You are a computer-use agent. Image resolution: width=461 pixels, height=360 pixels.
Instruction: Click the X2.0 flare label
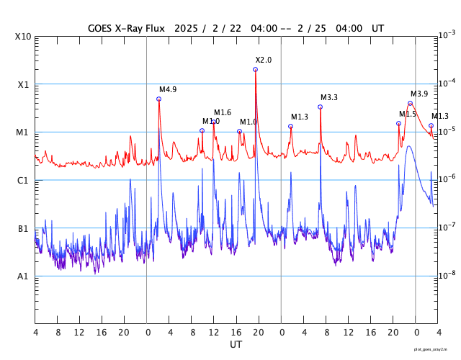[x=264, y=60]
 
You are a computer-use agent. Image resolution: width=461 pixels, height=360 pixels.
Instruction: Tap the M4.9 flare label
[x=168, y=89]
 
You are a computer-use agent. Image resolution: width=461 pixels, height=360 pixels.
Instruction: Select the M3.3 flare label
[x=329, y=97]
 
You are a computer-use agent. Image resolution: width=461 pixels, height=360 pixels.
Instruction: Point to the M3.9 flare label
[x=419, y=94]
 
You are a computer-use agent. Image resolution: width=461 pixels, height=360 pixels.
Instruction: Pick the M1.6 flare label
[x=223, y=112]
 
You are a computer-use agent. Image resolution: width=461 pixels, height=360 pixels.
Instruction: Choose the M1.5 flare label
[x=408, y=114]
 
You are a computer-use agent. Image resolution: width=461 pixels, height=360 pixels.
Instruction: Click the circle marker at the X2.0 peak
[x=256, y=69]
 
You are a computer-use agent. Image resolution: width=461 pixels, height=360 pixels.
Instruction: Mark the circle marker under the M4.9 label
[x=159, y=99]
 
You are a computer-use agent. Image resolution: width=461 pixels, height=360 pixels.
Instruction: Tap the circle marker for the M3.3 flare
[x=321, y=107]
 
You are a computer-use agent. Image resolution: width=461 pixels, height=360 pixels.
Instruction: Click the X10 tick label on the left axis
[x=22, y=37]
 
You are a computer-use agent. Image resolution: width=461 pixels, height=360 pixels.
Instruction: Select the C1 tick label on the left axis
[x=23, y=180]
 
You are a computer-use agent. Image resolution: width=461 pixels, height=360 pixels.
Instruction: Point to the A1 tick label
[x=23, y=276]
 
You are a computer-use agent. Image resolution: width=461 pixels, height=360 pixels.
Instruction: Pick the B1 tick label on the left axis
[x=23, y=228]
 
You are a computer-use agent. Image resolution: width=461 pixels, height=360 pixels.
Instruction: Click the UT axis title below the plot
[x=236, y=344]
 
